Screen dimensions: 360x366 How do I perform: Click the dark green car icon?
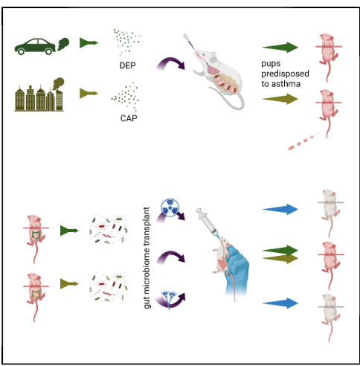point(35,47)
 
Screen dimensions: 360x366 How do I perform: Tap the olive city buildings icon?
point(39,98)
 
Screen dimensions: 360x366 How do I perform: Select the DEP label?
point(127,65)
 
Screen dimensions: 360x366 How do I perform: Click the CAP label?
point(129,118)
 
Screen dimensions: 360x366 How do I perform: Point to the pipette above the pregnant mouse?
point(189,42)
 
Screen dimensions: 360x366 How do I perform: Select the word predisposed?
point(285,74)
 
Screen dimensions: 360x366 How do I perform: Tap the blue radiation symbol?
point(170,208)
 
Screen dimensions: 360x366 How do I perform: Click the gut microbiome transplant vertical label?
point(147,258)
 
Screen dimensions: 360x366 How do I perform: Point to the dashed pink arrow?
point(304,141)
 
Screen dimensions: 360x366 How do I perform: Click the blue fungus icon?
point(169,300)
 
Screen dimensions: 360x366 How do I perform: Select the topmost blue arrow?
point(280,209)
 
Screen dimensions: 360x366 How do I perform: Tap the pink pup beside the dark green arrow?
point(329,57)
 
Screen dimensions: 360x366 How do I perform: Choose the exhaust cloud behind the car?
point(63,44)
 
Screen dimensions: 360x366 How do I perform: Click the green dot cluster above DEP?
point(126,41)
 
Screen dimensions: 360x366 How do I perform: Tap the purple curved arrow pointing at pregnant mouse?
point(170,64)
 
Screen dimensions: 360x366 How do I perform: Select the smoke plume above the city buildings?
point(59,83)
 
